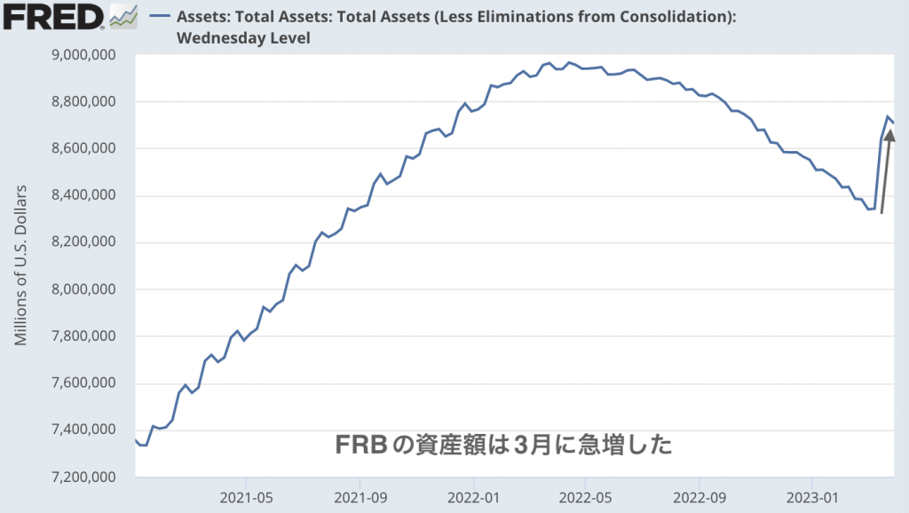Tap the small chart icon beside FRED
pyautogui.click(x=123, y=16)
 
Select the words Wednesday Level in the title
pyautogui.click(x=243, y=38)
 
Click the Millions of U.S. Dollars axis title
pyautogui.click(x=23, y=265)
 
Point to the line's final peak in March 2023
pyautogui.click(x=887, y=116)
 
